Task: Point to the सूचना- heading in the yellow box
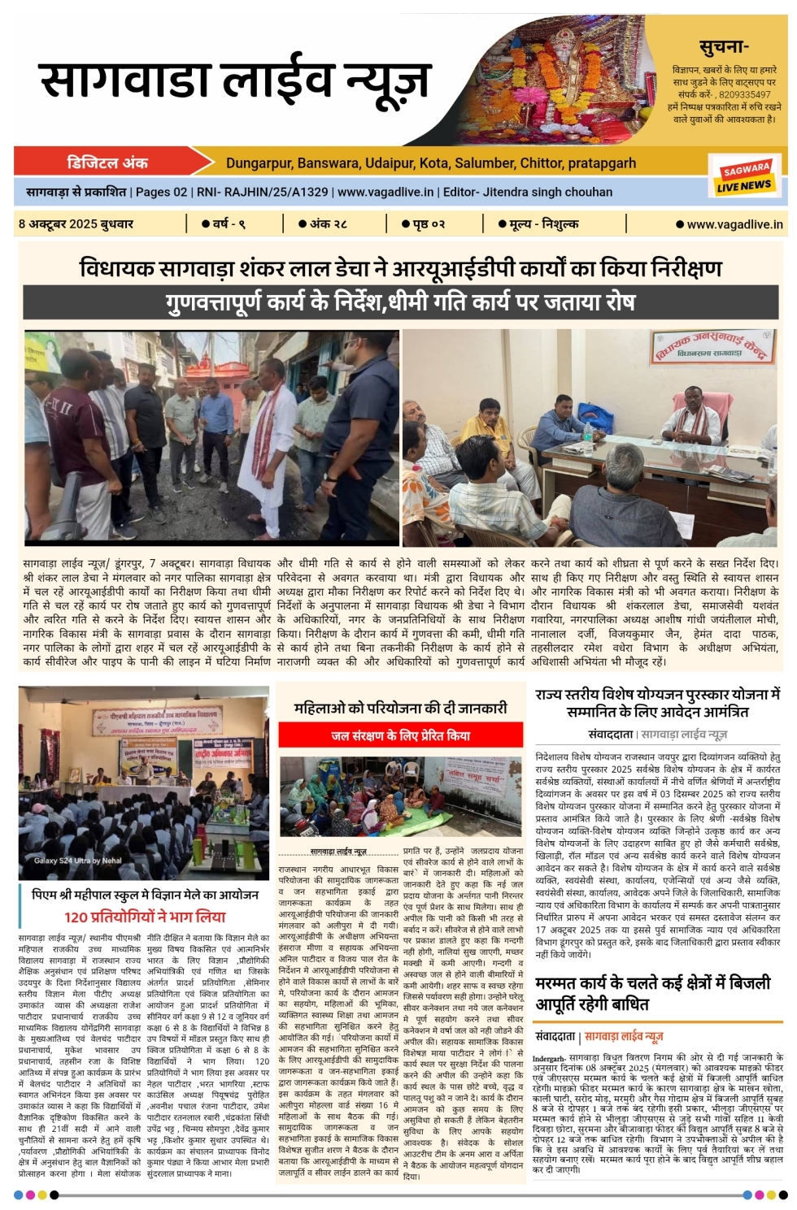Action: click(723, 47)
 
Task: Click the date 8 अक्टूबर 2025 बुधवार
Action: click(76, 223)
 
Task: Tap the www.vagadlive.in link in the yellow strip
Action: click(729, 224)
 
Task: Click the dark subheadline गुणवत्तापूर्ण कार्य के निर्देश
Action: click(400, 302)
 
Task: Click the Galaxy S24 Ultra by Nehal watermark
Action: click(77, 860)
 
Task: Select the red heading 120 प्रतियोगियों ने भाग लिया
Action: click(145, 917)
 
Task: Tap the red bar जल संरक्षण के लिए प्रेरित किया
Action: click(400, 735)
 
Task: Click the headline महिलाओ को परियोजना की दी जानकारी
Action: click(400, 708)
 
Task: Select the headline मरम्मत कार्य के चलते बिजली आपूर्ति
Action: click(652, 993)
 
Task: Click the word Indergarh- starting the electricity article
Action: click(549, 1058)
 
